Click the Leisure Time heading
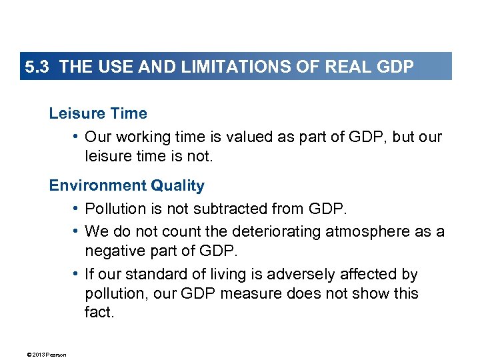click(98, 113)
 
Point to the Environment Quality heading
click(127, 185)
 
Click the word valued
click(238, 137)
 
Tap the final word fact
click(99, 312)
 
